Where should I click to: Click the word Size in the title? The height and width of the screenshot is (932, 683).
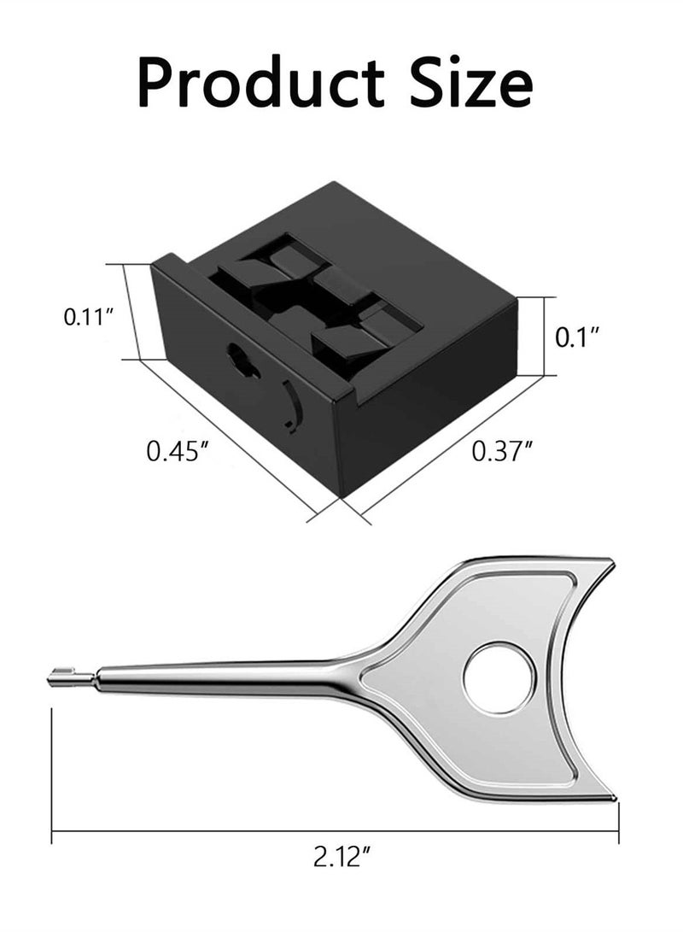(471, 81)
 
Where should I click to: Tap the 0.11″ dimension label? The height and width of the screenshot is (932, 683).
(89, 317)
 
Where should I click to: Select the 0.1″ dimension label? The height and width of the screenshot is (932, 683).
(576, 337)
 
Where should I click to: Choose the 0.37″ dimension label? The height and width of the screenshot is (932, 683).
(501, 451)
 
